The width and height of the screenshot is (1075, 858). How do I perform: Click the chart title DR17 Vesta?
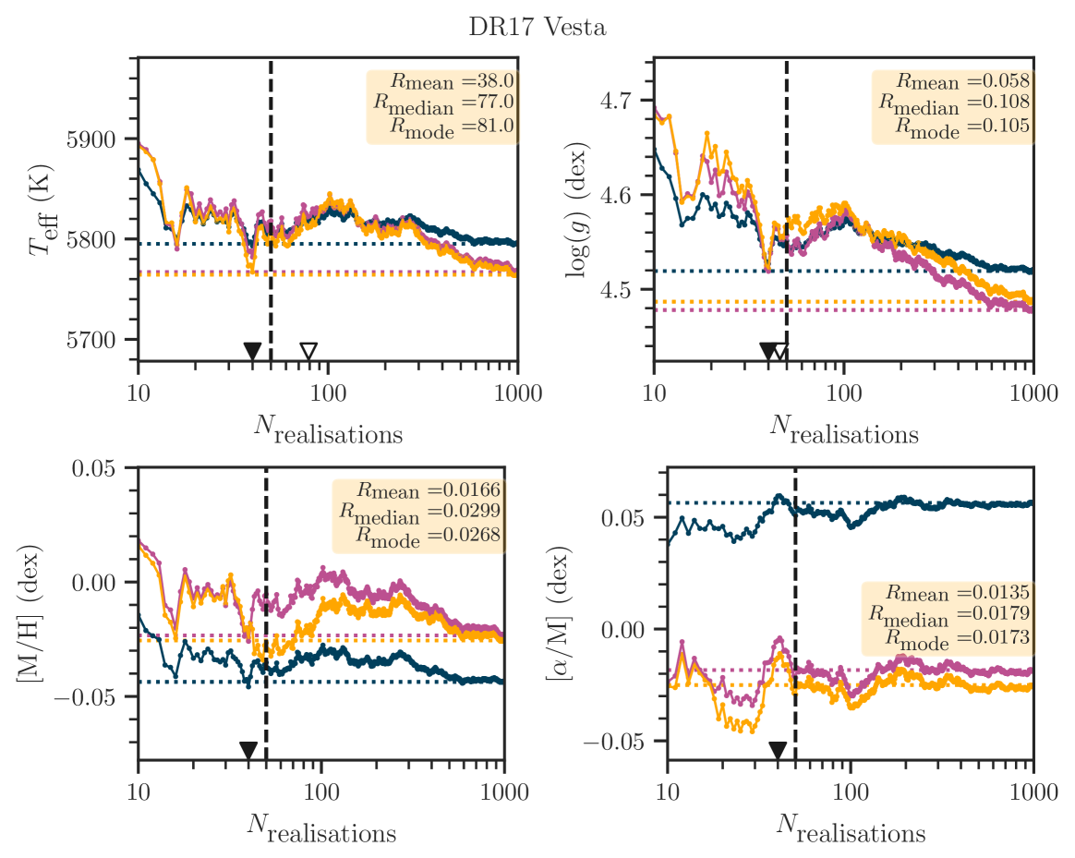click(x=537, y=28)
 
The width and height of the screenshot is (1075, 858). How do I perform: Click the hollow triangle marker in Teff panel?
click(x=308, y=351)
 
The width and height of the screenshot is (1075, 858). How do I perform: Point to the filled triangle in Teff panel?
click(x=251, y=351)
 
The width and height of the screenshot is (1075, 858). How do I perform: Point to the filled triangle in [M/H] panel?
click(x=248, y=749)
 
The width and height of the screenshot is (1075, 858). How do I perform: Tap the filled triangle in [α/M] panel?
click(x=778, y=749)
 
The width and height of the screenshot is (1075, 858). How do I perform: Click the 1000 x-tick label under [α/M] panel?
click(x=1033, y=793)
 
